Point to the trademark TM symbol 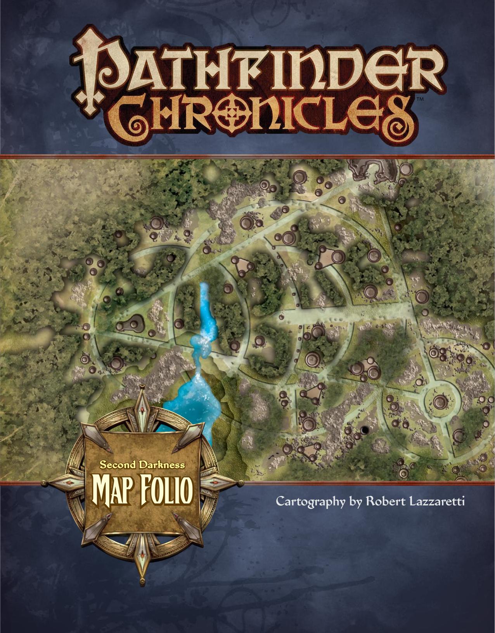tap(419, 99)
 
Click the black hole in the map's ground tap(365, 429)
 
